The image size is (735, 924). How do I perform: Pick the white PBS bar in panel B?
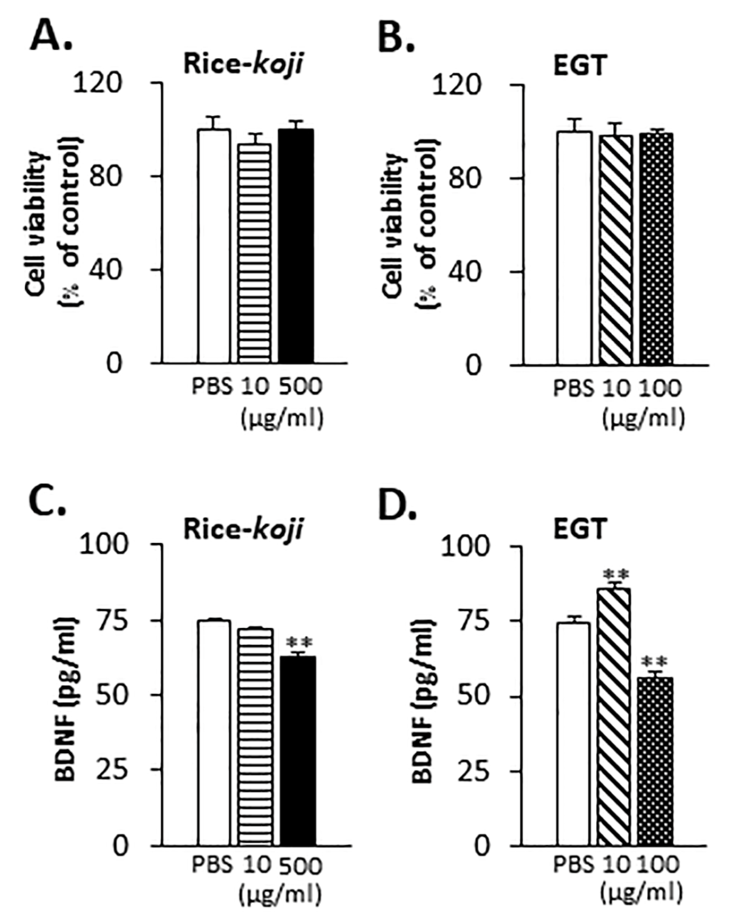[x=574, y=248]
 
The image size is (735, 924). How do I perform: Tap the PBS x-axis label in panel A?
[x=211, y=387]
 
